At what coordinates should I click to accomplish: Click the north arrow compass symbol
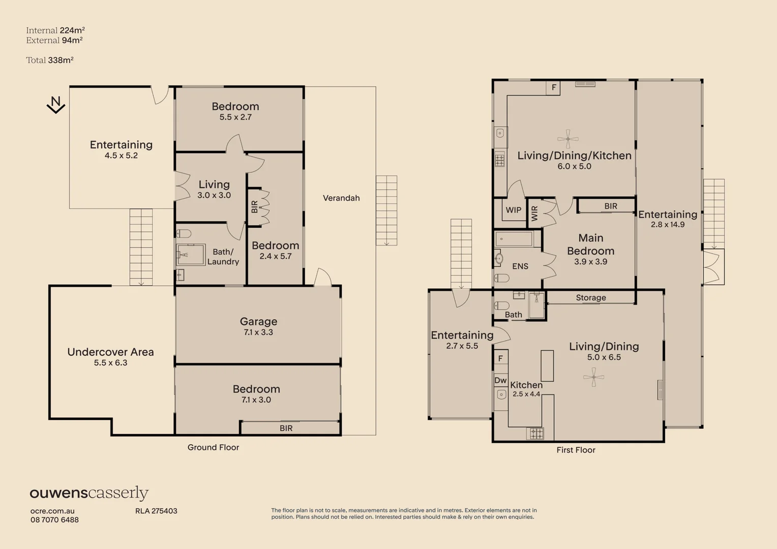click(x=56, y=105)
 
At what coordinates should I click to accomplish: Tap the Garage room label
click(x=258, y=322)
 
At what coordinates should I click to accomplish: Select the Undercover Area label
click(x=110, y=352)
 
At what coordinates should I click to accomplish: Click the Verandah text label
click(x=341, y=198)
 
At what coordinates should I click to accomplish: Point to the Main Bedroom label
click(x=590, y=245)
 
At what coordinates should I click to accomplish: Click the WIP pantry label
click(x=513, y=210)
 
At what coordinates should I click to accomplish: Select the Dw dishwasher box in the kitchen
click(x=500, y=380)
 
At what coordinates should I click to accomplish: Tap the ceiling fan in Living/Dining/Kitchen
click(x=567, y=138)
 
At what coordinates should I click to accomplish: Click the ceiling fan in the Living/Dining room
click(x=593, y=377)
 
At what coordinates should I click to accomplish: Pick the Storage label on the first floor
click(x=591, y=298)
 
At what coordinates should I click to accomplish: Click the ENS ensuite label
click(x=520, y=266)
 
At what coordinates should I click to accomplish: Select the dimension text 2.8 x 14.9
click(x=668, y=225)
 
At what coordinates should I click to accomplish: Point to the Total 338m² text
click(x=50, y=60)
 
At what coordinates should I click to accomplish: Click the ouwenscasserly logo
click(x=89, y=493)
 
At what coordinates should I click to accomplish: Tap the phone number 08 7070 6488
click(x=54, y=520)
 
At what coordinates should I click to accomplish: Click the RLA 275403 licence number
click(x=156, y=511)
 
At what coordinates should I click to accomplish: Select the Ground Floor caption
click(x=213, y=448)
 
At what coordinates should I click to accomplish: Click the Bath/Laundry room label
click(x=223, y=257)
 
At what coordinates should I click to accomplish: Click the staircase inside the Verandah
click(x=386, y=210)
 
